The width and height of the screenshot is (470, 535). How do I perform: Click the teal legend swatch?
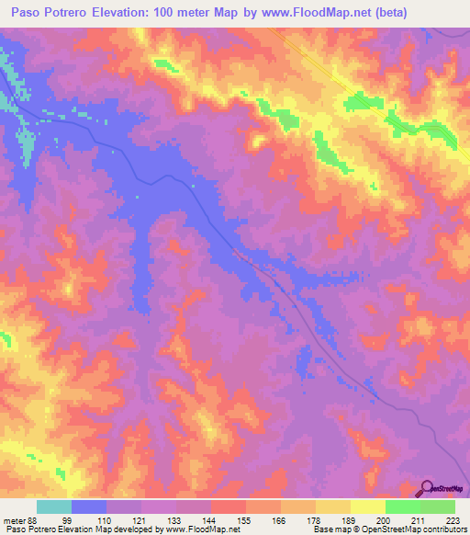click(x=54, y=507)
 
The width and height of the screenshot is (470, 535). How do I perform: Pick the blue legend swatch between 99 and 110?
click(x=89, y=507)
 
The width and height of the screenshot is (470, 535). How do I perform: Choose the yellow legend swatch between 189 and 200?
click(x=367, y=507)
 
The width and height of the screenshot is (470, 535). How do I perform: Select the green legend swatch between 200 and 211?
click(x=402, y=507)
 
